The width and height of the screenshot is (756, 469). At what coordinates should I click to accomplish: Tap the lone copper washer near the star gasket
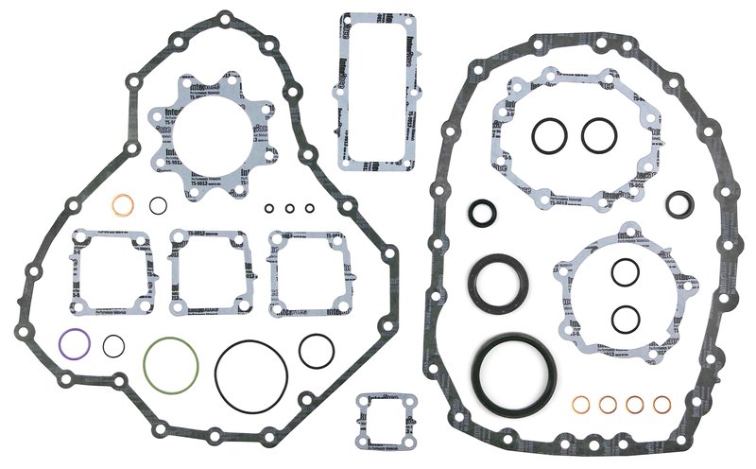pos(122,205)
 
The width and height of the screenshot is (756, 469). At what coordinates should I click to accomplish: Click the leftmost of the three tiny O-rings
pos(270,209)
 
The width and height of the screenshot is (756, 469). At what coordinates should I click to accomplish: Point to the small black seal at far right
pos(679,202)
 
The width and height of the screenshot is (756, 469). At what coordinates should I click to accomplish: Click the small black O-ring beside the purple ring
pos(113,346)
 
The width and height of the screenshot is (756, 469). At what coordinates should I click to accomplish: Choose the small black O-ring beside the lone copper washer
pos(159,204)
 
